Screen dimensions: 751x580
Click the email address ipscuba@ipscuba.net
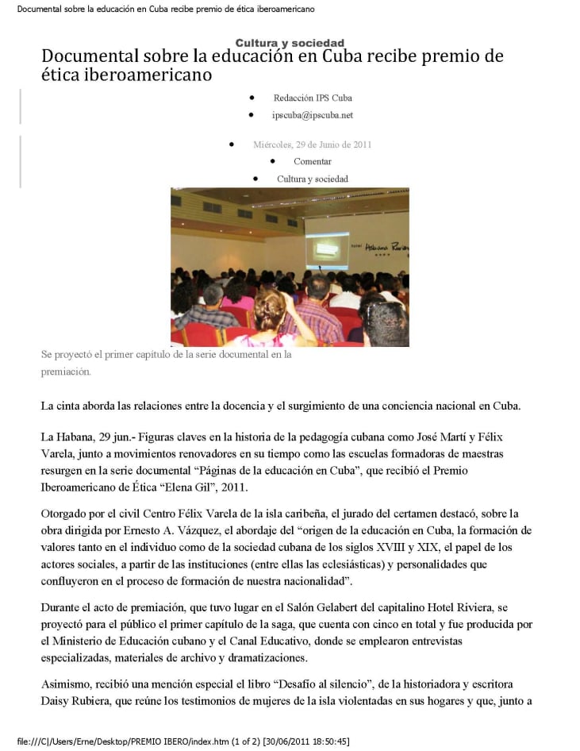[312, 115]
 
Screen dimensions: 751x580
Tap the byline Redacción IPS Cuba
[312, 98]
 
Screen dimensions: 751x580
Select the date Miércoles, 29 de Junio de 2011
[312, 144]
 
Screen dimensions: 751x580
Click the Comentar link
[312, 161]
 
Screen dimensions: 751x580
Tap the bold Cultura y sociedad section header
[290, 43]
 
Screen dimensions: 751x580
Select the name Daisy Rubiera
[76, 700]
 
